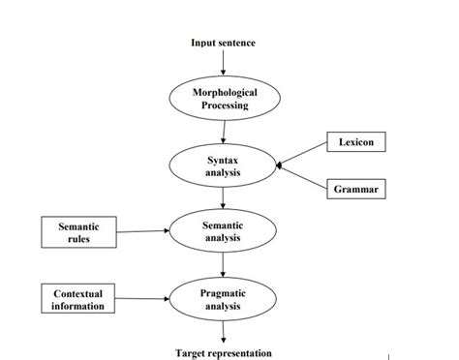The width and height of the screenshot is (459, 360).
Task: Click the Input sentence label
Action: (x=224, y=44)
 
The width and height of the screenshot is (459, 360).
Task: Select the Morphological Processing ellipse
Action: (x=224, y=98)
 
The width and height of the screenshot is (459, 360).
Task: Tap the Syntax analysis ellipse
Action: (x=224, y=165)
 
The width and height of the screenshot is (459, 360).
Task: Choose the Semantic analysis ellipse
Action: (x=224, y=231)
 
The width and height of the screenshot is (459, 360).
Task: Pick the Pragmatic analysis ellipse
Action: (x=224, y=299)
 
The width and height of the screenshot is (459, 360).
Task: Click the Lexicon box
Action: (x=356, y=142)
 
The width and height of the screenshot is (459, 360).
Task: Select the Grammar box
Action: (x=356, y=190)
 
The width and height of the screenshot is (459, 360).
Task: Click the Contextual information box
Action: (x=78, y=299)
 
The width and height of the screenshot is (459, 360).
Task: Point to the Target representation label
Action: (x=224, y=353)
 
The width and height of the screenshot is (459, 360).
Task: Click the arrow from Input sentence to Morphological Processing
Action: (x=224, y=64)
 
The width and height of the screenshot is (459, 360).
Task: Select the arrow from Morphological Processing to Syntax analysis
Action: (x=224, y=132)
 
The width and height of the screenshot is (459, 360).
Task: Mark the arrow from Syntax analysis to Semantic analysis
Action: (x=224, y=198)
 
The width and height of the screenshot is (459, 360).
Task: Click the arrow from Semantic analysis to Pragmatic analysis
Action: (x=224, y=264)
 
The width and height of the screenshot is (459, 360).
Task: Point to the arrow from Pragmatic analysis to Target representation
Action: (x=224, y=332)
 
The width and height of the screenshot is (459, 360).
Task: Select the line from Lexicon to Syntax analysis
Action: (x=302, y=154)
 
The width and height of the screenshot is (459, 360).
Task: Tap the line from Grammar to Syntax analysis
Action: (x=302, y=177)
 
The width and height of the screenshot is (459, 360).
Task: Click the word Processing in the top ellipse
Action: (x=224, y=105)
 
